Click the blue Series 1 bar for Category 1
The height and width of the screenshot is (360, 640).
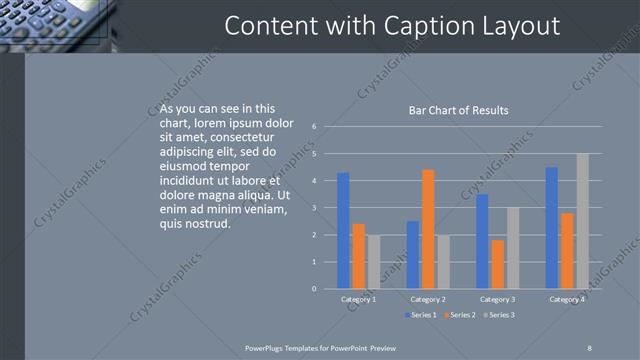point(343,231)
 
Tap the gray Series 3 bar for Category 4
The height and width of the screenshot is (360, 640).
point(582,221)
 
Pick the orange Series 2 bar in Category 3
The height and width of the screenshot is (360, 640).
point(498,264)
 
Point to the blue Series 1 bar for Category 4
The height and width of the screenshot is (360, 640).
point(552,228)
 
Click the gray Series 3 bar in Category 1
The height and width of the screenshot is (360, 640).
point(373,262)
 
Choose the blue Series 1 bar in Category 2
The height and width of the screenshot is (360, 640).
point(413,255)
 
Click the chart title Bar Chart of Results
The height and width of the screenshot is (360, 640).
point(459,110)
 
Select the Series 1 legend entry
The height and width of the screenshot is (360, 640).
point(420,315)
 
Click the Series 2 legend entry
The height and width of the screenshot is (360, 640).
point(459,315)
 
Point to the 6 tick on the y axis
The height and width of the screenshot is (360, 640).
point(314,127)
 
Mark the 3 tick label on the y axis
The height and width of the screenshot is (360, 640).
point(314,208)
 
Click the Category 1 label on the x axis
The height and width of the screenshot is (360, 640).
point(358,299)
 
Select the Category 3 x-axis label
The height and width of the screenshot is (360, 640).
point(497,299)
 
